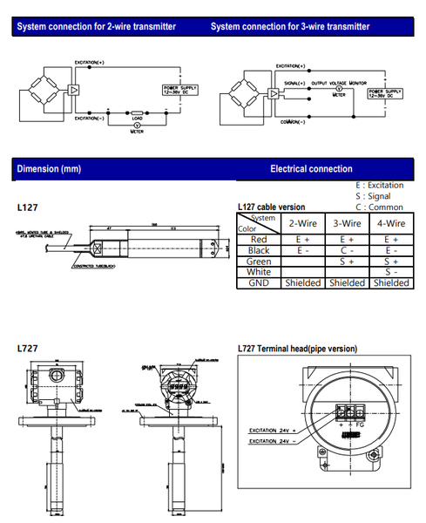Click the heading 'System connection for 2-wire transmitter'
pos(97,27)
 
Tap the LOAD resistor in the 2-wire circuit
pos(137,113)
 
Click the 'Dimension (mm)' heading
pos(49,168)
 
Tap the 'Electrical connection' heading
pos(311,168)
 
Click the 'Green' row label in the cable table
pos(259,261)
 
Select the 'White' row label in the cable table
pos(259,272)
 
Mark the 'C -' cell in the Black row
pos(347,249)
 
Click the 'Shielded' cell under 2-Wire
pos(304,283)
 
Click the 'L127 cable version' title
pos(271,207)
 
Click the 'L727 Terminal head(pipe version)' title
pos(297,349)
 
